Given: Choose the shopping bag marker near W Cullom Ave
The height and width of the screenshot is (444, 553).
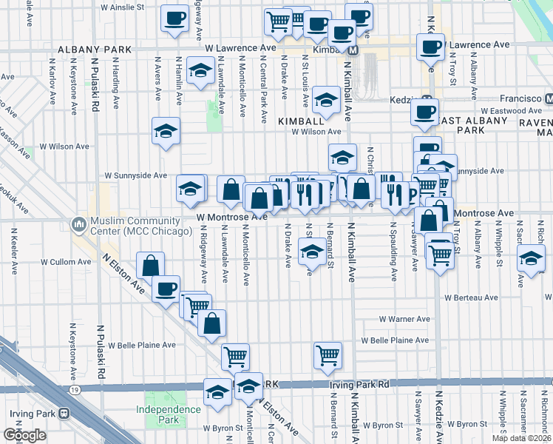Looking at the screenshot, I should tap(150, 266).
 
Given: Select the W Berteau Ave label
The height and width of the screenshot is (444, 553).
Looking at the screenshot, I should tap(472, 297).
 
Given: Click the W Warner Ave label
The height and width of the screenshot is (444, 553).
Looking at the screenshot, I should tap(404, 319).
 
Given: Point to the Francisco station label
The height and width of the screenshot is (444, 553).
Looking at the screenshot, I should tap(515, 98).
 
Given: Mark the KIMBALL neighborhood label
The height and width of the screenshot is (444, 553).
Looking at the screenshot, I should tap(301, 119).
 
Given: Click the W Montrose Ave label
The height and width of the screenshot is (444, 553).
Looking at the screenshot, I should tap(232, 216).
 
